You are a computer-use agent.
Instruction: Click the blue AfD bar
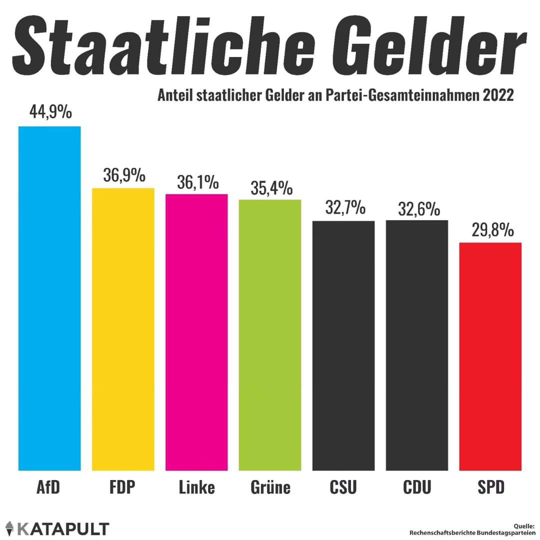[x=49, y=298]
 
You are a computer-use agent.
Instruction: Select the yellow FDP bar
[x=123, y=329]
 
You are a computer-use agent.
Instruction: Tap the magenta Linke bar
[x=196, y=332]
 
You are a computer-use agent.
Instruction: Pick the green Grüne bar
[x=270, y=335]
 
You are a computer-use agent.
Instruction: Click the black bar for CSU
[x=343, y=345]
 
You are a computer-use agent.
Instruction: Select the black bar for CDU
[x=417, y=345]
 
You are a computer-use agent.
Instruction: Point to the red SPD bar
[x=490, y=356]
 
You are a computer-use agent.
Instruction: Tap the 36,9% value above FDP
[x=124, y=175]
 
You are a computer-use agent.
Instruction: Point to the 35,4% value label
[x=270, y=188]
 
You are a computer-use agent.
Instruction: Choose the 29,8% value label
[x=492, y=231]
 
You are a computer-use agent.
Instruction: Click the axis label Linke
[x=196, y=487]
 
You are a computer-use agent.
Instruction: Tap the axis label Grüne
[x=270, y=487]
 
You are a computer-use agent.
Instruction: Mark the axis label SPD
[x=490, y=487]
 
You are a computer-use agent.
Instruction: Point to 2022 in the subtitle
[x=498, y=95]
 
